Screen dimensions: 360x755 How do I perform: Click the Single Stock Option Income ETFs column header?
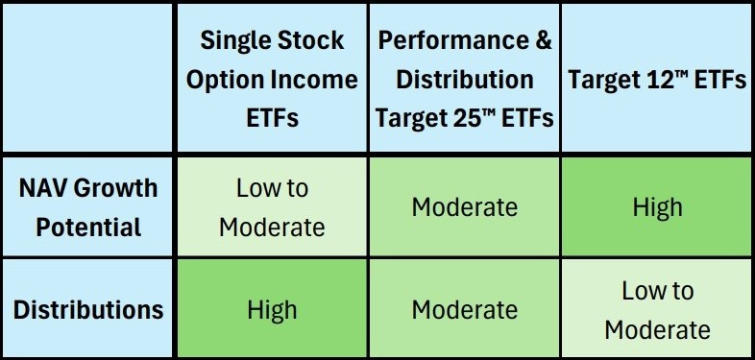click(x=272, y=80)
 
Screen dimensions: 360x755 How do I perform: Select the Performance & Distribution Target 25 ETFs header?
click(x=465, y=80)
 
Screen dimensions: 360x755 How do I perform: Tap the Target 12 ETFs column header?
click(x=657, y=80)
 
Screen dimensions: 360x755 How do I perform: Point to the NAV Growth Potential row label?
click(x=89, y=206)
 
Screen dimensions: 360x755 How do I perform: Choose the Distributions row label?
click(x=89, y=310)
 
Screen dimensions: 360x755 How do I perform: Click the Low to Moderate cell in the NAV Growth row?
click(x=272, y=206)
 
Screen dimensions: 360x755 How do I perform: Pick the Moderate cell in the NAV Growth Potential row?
click(x=465, y=206)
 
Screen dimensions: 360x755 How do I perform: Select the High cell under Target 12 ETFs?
click(x=657, y=206)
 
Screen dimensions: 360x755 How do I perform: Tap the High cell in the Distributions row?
click(x=272, y=310)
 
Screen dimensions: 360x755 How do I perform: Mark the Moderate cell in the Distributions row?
click(x=465, y=310)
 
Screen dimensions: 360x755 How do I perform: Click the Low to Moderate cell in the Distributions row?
click(x=657, y=310)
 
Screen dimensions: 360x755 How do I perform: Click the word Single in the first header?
click(x=231, y=42)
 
